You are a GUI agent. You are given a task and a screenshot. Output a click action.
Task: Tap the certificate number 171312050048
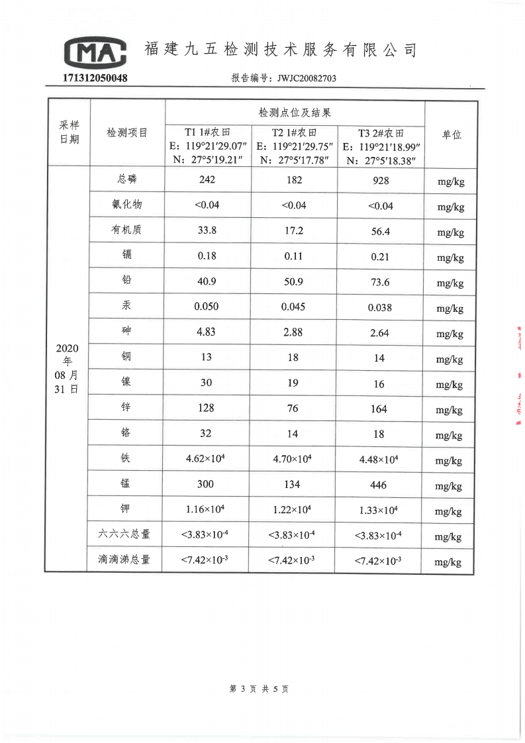point(95,78)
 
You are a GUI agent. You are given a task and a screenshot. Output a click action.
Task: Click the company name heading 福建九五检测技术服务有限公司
point(281,50)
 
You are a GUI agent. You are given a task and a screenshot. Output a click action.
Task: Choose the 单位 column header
point(452,134)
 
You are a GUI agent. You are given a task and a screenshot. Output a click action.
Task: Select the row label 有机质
point(126,230)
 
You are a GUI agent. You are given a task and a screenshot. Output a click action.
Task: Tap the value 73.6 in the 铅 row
point(380,282)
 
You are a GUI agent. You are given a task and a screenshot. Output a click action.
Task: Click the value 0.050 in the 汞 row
point(207,307)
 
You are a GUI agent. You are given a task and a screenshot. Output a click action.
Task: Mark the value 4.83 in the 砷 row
point(207,332)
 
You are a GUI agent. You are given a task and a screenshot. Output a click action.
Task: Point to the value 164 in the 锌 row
point(379,409)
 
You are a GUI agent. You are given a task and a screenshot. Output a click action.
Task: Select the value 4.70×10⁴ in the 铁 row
point(293,459)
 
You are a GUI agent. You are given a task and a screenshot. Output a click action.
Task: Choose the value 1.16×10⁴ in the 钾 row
point(207,509)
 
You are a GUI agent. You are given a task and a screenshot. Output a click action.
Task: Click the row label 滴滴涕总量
point(124,560)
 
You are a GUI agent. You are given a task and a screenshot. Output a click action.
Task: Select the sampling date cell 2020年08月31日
point(67,369)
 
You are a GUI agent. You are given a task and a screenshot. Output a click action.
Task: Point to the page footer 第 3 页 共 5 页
point(259,689)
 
